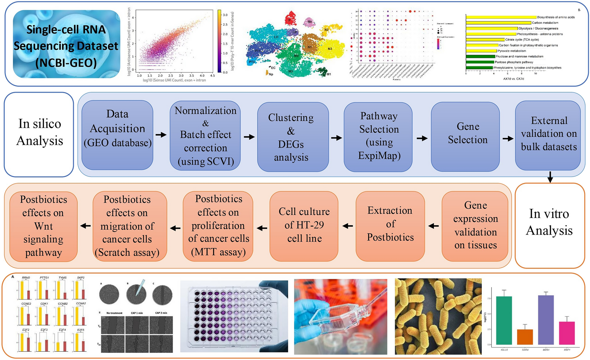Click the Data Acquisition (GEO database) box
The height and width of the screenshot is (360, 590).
click(117, 135)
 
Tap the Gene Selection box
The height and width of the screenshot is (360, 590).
click(465, 137)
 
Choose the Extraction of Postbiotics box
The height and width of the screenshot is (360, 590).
click(390, 226)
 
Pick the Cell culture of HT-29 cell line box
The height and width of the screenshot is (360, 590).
click(304, 226)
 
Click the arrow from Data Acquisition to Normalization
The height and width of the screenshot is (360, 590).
click(161, 135)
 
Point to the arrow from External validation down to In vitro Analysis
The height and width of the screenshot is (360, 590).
click(550, 177)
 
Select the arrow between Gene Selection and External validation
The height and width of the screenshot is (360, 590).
click(508, 138)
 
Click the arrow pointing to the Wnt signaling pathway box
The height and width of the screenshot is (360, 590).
click(85, 226)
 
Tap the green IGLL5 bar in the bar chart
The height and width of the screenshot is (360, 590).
click(504, 320)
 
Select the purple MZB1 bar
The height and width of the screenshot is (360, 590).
click(546, 320)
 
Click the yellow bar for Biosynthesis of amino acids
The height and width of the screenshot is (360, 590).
click(501, 17)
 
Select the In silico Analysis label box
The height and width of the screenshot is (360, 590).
click(39, 135)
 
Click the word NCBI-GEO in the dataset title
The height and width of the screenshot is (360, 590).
click(66, 63)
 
